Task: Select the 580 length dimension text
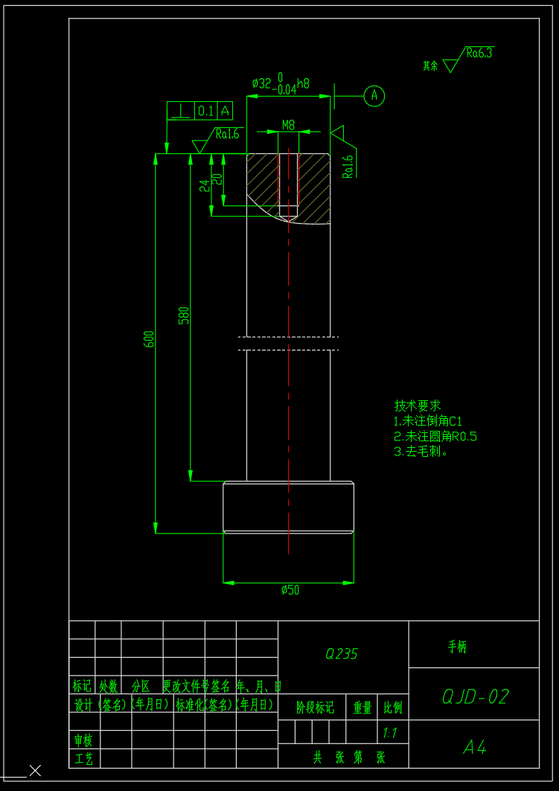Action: coord(184,316)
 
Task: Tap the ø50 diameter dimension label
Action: coord(290,590)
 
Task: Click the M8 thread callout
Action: coord(288,125)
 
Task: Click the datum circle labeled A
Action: coord(374,95)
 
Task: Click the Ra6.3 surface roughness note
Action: coord(479,54)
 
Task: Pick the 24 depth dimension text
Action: coord(205,185)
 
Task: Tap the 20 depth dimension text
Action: coord(217,179)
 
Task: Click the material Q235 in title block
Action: coord(342,654)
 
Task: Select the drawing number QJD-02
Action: coord(475,696)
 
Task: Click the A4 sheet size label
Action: coord(475,747)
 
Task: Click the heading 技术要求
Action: coord(417,406)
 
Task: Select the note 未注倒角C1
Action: coord(428,421)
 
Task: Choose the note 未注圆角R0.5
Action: coord(435,436)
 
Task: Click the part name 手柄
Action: coord(457,647)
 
